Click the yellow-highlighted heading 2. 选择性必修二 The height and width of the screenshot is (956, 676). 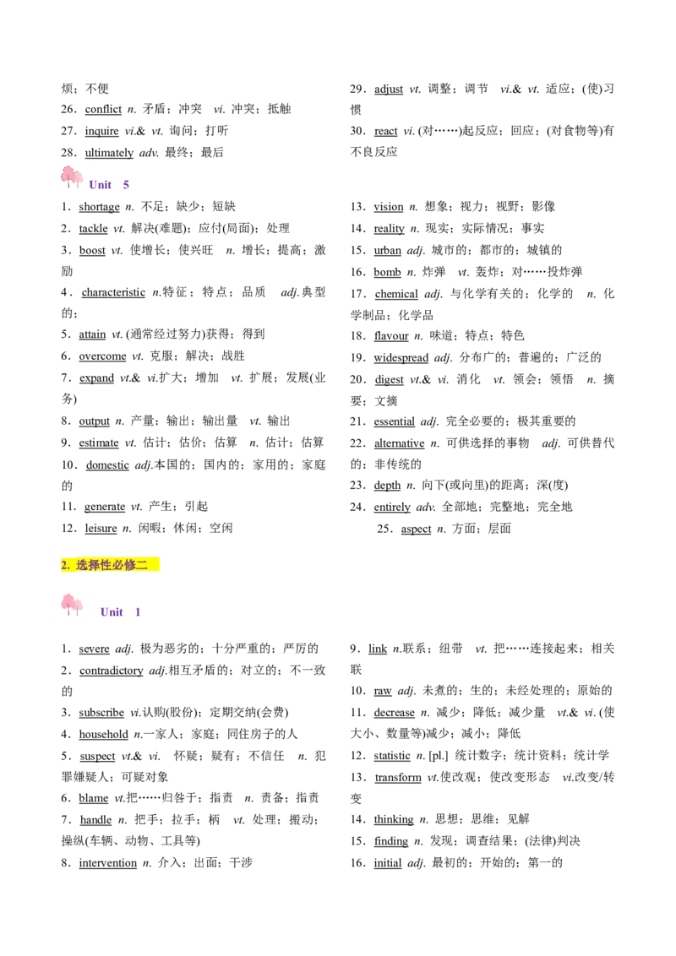click(x=111, y=565)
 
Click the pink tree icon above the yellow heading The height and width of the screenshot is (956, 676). click(x=74, y=176)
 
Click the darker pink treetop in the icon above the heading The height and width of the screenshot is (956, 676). click(x=67, y=172)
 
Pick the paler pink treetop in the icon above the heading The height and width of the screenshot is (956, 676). click(x=78, y=178)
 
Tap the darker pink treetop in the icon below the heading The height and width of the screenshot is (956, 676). click(x=68, y=601)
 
